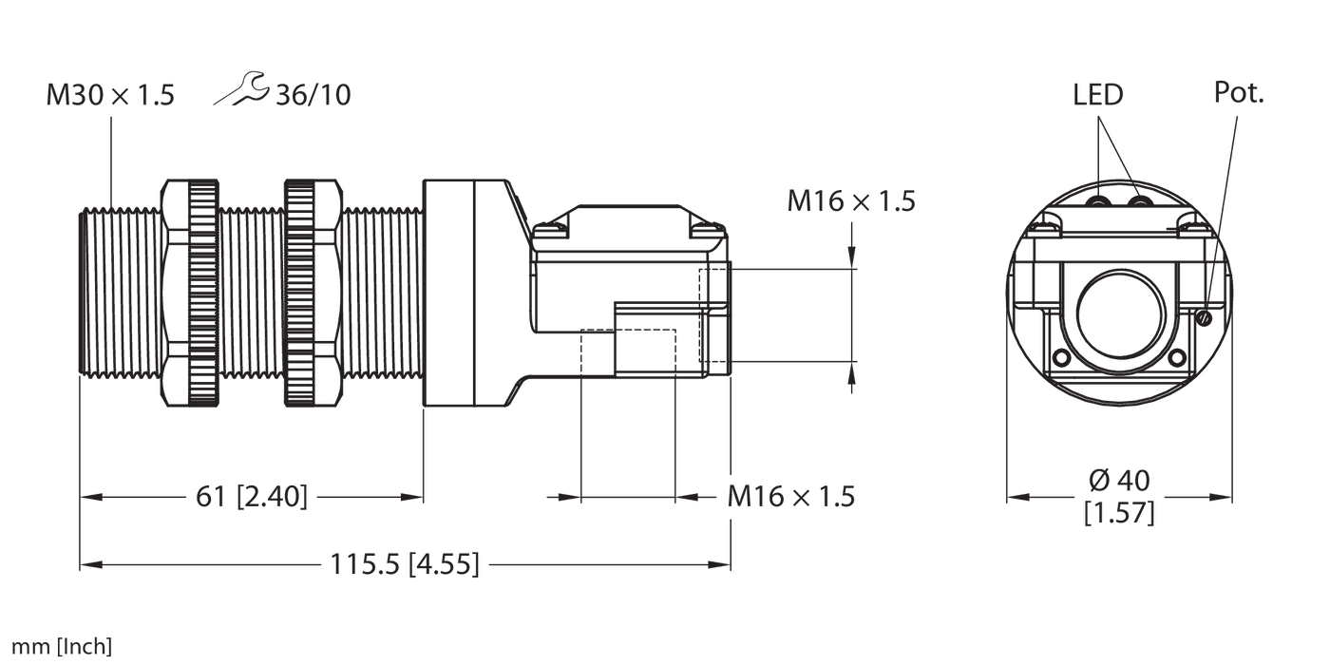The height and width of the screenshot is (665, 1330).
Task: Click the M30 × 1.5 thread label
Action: coord(110,95)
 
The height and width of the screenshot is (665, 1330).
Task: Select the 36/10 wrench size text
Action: coord(313,95)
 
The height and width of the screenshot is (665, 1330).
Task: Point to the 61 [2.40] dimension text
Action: coord(252,496)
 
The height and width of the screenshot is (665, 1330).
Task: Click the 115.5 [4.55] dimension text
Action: coord(405,565)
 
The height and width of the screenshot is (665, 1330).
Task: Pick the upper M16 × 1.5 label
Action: coord(850,200)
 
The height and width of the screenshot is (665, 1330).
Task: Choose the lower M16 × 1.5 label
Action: coord(791,496)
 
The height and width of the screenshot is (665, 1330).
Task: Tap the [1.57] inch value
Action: coord(1119,514)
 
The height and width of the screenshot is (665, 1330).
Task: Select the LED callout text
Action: coord(1098,94)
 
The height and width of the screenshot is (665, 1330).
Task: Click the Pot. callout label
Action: coord(1240,92)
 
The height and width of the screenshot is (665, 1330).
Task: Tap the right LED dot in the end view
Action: coord(1140,202)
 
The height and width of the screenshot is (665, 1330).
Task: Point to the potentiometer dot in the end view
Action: coord(1205,316)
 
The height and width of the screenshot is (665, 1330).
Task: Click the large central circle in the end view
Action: coord(1119,314)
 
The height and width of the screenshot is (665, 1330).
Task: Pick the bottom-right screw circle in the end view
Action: coord(1176,358)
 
